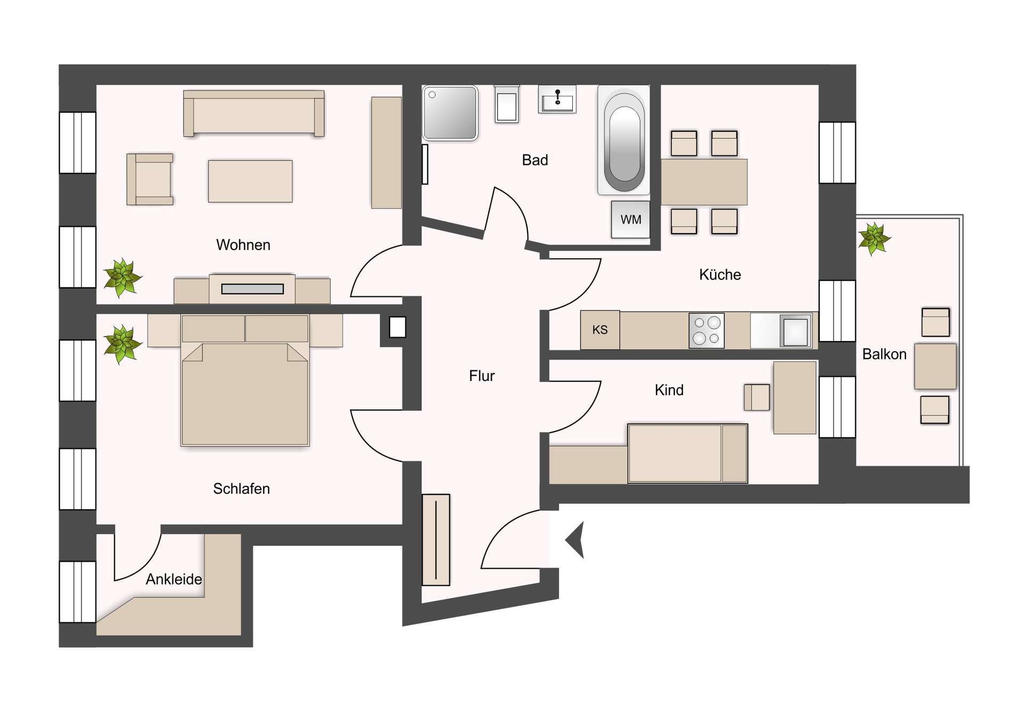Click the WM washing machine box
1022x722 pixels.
click(630, 219)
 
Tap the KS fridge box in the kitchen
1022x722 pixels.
click(600, 330)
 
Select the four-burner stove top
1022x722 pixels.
click(706, 330)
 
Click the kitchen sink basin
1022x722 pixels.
click(795, 331)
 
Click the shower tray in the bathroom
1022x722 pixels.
click(450, 113)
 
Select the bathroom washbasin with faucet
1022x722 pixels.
click(557, 99)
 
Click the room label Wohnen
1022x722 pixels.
click(243, 245)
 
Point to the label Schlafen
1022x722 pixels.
click(241, 488)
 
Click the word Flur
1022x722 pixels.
click(482, 376)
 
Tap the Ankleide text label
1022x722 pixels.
click(174, 579)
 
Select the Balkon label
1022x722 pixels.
click(884, 354)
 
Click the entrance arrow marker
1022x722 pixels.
click(575, 540)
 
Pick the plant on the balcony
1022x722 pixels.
click(873, 238)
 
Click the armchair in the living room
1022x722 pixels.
click(150, 179)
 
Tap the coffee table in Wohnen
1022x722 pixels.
click(250, 181)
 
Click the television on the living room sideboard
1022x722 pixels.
click(252, 289)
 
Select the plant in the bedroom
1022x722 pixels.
click(122, 344)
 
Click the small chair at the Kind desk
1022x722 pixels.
click(756, 397)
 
